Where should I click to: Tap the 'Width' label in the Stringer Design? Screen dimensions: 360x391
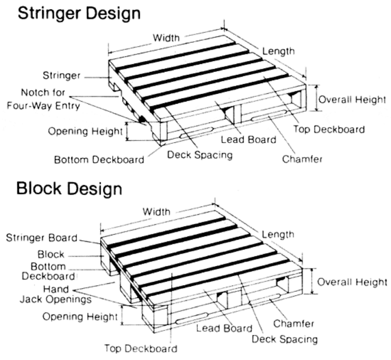166,38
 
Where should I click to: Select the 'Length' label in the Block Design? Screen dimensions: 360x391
278,234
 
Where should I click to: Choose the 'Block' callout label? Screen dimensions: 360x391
51,254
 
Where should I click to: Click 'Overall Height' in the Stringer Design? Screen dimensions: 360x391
352,100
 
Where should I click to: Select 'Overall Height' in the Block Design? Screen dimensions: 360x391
352,282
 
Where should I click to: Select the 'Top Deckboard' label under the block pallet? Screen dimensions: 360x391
141,348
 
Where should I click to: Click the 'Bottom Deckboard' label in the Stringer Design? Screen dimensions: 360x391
99,159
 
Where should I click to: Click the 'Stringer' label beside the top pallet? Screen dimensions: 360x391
61,76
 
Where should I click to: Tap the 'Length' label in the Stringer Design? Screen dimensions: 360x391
278,51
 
